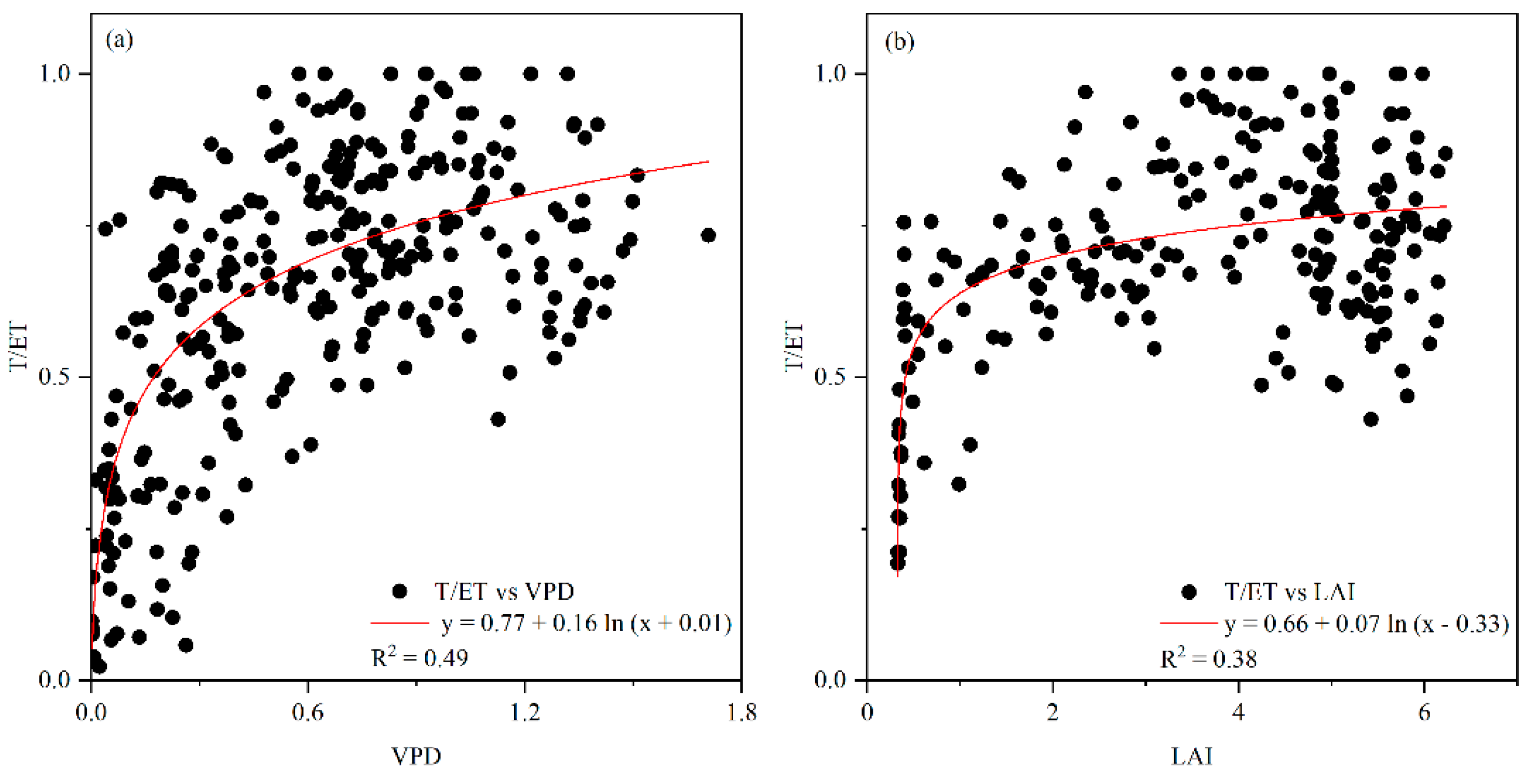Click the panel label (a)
[119, 41]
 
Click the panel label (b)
[899, 42]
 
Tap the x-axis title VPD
[416, 756]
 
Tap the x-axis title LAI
[1191, 756]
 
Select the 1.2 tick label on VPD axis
[524, 713]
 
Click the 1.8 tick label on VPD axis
[741, 713]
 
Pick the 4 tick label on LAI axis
[1238, 713]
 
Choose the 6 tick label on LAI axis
[1424, 713]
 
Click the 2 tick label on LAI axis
[1053, 713]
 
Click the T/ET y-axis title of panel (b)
[794, 346]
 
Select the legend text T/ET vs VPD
[504, 591]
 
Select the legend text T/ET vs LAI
[1289, 592]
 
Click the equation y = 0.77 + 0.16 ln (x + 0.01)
[586, 624]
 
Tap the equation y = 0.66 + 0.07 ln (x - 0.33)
[1366, 624]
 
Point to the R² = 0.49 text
[419, 657]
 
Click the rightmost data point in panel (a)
[708, 235]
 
